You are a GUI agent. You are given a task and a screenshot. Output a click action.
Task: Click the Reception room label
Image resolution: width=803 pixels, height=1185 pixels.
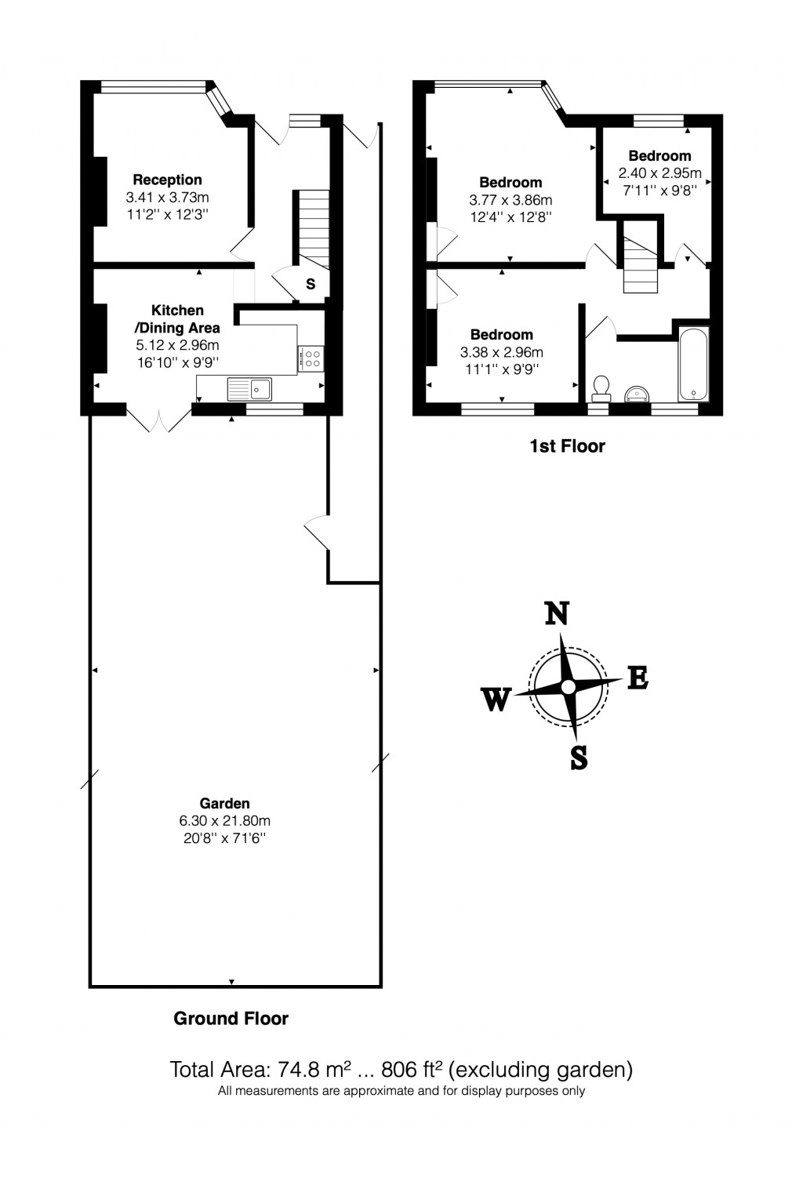tap(167, 180)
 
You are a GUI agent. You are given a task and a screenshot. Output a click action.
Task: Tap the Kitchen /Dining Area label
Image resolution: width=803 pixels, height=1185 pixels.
tap(177, 319)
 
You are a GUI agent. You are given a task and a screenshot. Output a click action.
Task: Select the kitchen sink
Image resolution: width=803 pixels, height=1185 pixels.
tap(249, 387)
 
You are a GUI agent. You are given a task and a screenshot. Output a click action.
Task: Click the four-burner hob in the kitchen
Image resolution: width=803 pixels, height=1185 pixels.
tap(311, 358)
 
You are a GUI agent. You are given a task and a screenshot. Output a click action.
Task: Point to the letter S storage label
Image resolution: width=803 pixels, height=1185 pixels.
tap(311, 284)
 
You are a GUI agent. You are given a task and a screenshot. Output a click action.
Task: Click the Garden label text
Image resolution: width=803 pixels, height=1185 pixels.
tap(224, 803)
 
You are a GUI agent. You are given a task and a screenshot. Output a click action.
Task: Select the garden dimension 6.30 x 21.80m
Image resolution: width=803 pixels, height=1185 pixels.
tap(224, 821)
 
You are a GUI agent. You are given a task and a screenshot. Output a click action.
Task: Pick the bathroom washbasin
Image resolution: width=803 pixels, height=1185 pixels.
tap(636, 392)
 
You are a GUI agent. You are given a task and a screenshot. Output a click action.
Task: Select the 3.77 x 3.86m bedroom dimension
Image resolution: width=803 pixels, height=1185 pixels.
tap(511, 200)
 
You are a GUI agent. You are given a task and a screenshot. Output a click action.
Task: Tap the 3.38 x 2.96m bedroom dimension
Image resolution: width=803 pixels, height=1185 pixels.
tap(501, 352)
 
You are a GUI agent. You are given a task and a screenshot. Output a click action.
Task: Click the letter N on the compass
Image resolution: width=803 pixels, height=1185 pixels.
tap(557, 613)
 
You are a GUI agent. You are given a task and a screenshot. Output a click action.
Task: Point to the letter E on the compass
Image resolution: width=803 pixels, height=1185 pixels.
tap(638, 678)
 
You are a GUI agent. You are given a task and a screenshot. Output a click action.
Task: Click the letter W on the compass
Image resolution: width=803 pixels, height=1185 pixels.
tap(496, 699)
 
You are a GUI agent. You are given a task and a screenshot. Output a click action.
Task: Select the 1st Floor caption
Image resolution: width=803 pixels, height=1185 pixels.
tap(567, 446)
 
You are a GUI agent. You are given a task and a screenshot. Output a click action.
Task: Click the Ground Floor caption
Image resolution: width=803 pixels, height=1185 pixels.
tap(231, 1019)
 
